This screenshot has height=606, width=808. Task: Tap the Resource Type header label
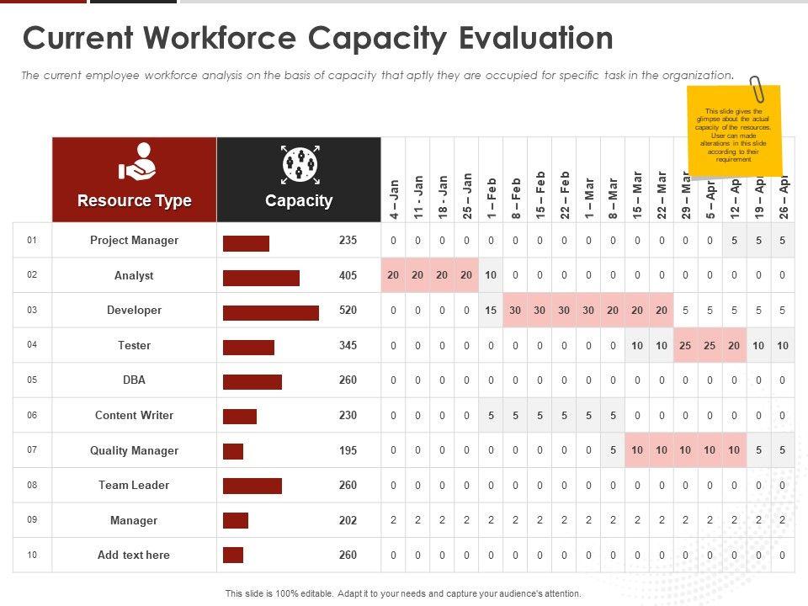point(135,201)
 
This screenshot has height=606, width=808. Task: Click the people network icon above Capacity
point(299,163)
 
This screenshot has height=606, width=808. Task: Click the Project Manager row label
point(135,241)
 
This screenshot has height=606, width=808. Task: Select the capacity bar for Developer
point(271,313)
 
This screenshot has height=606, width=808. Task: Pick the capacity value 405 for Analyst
point(348,275)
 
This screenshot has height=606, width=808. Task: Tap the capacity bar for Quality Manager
point(233,452)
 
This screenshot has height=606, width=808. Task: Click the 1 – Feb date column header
point(492,199)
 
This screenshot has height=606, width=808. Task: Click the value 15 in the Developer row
point(492,311)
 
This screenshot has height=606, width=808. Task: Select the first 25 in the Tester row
point(686,346)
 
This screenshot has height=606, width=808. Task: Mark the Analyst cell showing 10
point(492,275)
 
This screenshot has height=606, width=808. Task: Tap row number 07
point(32,450)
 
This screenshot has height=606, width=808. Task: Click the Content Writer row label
point(135,416)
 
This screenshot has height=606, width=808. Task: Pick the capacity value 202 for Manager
point(348,521)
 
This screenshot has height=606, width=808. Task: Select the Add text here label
point(135,555)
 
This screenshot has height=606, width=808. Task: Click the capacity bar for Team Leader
point(252,486)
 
